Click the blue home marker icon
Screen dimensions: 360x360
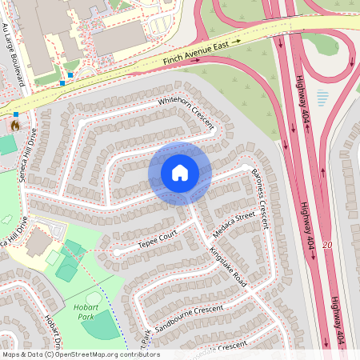(180, 173)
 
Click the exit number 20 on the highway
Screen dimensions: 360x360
(326, 244)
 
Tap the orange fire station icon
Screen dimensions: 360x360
(14, 126)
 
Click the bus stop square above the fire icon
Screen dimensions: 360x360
(15, 114)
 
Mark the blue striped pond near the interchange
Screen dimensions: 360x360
(322, 98)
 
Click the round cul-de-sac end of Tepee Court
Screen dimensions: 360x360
(118, 252)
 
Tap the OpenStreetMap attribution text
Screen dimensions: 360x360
(80, 354)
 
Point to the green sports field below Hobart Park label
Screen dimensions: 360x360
(99, 325)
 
